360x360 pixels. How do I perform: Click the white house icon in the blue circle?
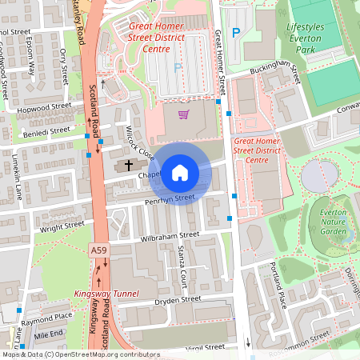pos(180,171)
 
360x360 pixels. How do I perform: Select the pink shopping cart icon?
pos(184,115)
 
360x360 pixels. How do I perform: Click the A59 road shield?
pos(98,251)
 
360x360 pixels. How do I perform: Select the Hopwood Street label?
pos(45,106)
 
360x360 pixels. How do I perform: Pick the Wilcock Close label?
pos(139,141)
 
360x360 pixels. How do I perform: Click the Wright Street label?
pos(62,226)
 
